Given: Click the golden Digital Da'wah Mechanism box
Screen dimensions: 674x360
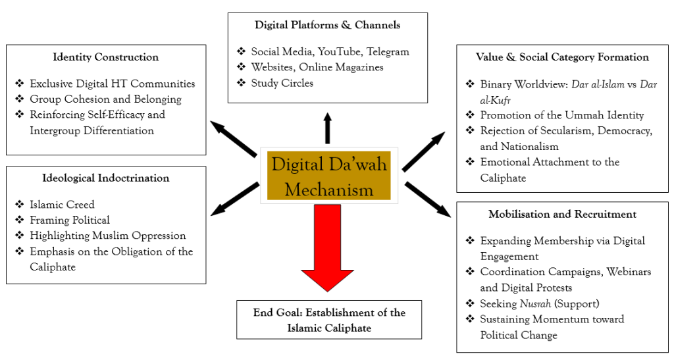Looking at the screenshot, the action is pos(329,176).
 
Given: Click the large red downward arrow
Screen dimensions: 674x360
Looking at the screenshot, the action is pos(328,248).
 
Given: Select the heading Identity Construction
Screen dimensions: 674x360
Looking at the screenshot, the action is pos(106,57).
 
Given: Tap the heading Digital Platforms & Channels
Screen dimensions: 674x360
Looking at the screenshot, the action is pos(328,25).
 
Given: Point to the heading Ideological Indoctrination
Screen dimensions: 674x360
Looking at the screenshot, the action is pos(106,178).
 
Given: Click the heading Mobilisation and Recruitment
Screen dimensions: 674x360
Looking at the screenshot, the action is pos(562,215).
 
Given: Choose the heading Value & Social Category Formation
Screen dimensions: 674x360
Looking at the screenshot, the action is pos(562,57).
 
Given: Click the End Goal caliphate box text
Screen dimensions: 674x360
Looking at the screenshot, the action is pos(329,320).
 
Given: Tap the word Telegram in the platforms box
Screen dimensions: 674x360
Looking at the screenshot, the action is pos(388,52).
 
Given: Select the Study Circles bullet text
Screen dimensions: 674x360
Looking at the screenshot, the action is pos(282,83).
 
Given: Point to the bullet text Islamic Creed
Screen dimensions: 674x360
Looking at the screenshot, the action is pos(62,205).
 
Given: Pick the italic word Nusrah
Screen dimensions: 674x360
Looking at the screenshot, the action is pos(535,303).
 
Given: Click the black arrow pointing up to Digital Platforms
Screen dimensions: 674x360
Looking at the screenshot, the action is pos(328,128).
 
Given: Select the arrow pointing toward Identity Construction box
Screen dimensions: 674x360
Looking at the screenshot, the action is pos(234,138).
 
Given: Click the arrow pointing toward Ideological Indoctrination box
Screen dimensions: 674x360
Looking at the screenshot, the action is pos(235,199).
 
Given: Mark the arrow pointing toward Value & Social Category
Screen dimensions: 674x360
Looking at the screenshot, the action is pos(424,151).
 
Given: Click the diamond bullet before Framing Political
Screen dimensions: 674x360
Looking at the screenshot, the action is pos(19,220).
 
